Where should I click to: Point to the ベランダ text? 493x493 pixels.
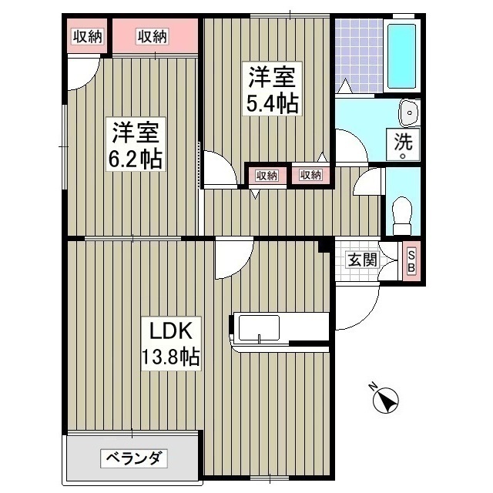tap(132, 459)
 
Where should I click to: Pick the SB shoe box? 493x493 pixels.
tap(411, 262)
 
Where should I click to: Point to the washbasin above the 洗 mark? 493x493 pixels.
tap(408, 113)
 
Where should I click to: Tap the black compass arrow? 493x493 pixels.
tap(385, 401)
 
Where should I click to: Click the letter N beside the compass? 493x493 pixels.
tap(372, 387)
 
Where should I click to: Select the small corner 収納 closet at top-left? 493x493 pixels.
tap(88, 35)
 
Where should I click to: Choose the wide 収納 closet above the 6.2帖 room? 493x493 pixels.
tap(153, 35)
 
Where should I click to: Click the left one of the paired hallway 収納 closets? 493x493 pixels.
tap(266, 176)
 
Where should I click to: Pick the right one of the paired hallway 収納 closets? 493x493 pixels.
tap(310, 176)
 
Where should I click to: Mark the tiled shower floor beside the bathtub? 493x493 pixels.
tap(358, 54)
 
